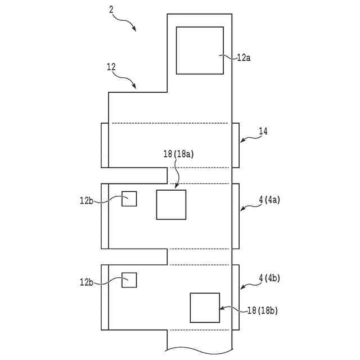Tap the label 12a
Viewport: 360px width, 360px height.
click(x=243, y=57)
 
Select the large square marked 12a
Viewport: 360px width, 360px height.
click(x=199, y=49)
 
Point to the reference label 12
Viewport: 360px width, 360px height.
click(x=111, y=67)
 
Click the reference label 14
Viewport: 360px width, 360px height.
click(x=263, y=131)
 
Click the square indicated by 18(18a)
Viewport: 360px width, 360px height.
click(x=171, y=204)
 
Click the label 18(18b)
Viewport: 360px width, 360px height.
click(x=263, y=310)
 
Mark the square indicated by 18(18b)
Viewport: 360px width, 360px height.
click(x=205, y=308)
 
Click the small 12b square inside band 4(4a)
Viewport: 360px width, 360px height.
click(x=129, y=199)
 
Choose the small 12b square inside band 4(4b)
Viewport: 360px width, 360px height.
click(x=129, y=280)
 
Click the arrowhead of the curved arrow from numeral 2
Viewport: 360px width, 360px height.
click(x=134, y=29)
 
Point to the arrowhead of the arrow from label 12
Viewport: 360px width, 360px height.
click(x=135, y=87)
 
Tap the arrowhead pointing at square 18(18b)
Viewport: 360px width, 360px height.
click(x=222, y=308)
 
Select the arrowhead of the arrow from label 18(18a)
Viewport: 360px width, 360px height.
click(x=177, y=186)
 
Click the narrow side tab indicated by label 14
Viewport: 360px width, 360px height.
click(x=235, y=145)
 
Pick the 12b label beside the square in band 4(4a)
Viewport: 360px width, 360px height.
click(x=87, y=200)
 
